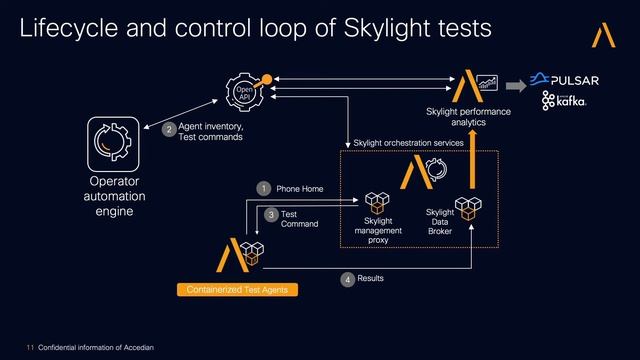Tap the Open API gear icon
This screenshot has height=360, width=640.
(x=245, y=93)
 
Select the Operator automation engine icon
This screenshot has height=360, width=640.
(x=114, y=143)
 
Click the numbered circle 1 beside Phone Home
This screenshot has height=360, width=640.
(x=263, y=188)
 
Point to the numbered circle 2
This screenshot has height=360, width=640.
(x=169, y=129)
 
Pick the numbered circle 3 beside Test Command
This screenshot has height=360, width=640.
(x=270, y=214)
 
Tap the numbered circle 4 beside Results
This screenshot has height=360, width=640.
(x=347, y=279)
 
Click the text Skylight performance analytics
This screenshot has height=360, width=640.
(x=468, y=116)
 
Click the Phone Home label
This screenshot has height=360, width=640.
(x=300, y=188)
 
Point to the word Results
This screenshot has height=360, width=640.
(x=370, y=278)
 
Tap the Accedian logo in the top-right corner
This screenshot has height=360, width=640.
(x=604, y=35)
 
